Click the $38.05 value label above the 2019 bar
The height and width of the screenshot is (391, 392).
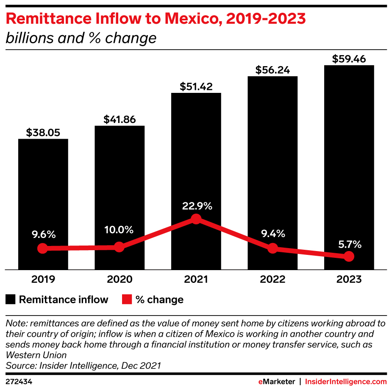click(x=43, y=132)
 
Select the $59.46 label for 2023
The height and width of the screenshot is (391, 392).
click(x=349, y=59)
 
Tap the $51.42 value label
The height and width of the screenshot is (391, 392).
click(x=196, y=87)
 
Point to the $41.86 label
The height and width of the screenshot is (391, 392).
click(x=120, y=120)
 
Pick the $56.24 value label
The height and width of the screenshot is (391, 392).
click(x=272, y=70)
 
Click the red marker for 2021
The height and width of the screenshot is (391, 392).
click(x=196, y=219)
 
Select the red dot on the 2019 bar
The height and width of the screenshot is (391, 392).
click(x=42, y=249)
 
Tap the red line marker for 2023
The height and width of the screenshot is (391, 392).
click(x=349, y=256)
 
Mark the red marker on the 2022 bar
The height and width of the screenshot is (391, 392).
click(x=272, y=249)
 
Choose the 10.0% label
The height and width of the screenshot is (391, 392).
click(x=120, y=230)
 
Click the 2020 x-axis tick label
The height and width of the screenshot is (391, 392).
click(x=120, y=279)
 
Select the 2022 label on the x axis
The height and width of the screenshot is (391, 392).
click(x=272, y=279)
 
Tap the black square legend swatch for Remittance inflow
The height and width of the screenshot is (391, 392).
click(x=10, y=300)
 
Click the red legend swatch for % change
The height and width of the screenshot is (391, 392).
click(x=127, y=300)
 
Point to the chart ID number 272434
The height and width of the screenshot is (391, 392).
click(x=19, y=382)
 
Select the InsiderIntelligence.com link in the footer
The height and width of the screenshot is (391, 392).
click(x=346, y=382)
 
